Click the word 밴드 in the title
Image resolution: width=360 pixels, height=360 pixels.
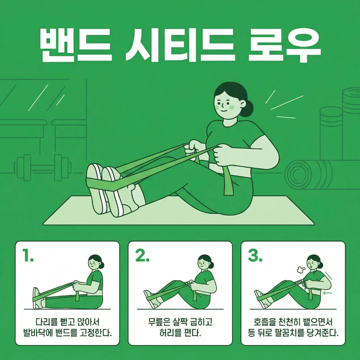click(x=76, y=45)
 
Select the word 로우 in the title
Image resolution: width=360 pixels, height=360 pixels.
click(x=284, y=45)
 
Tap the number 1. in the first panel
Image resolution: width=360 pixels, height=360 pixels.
click(x=28, y=255)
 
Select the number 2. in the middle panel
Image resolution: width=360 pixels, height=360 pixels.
click(x=142, y=255)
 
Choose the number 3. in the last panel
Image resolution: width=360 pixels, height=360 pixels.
click(x=255, y=255)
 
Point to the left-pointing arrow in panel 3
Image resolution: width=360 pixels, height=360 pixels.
click(x=327, y=293)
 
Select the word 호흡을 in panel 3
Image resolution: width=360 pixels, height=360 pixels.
click(x=265, y=322)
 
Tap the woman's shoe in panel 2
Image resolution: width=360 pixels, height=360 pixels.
click(x=150, y=299)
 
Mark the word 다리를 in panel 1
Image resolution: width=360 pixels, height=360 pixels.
click(x=47, y=322)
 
